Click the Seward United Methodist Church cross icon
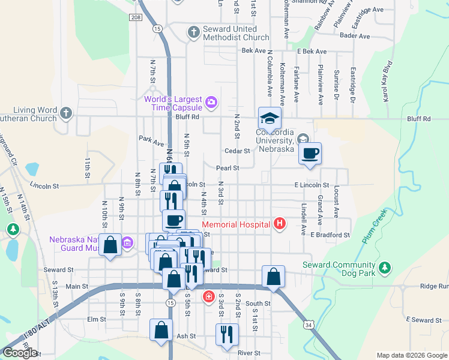pyautogui.click(x=193, y=32)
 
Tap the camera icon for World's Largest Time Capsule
pyautogui.click(x=211, y=103)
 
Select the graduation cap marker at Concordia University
pyautogui.click(x=270, y=118)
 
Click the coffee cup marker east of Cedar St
pyautogui.click(x=310, y=154)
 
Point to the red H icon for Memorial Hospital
pyautogui.click(x=279, y=224)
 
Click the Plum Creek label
pyautogui.click(x=372, y=227)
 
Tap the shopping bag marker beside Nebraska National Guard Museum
pyautogui.click(x=110, y=245)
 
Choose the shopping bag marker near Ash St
pyautogui.click(x=161, y=330)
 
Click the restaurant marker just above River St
pyautogui.click(x=226, y=335)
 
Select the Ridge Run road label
pyautogui.click(x=435, y=287)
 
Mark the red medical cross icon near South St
pyautogui.click(x=208, y=296)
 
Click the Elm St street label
pyautogui.click(x=96, y=319)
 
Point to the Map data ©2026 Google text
pyautogui.click(x=411, y=355)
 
